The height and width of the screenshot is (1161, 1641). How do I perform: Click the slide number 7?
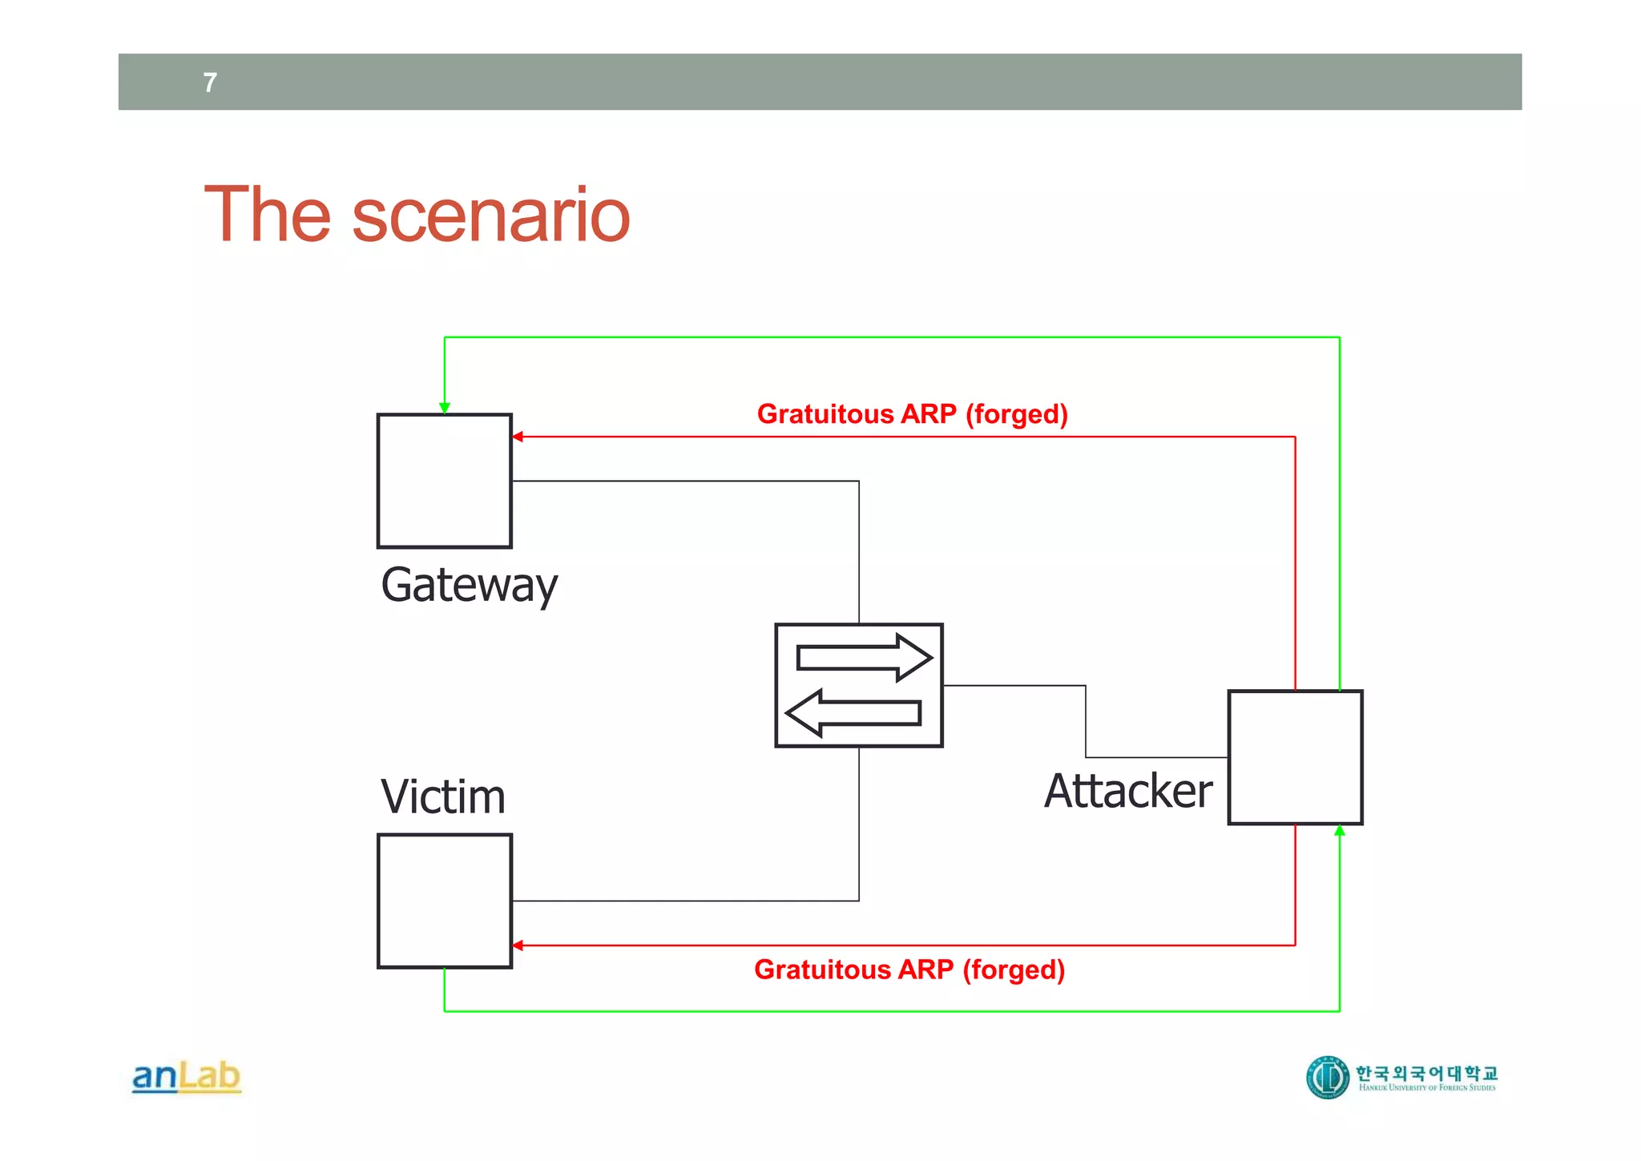click(210, 83)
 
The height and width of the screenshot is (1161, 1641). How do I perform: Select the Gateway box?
click(445, 481)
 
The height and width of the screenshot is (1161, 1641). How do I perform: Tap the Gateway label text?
click(469, 585)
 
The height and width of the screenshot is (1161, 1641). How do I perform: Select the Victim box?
click(445, 901)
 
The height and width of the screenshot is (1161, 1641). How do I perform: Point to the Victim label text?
click(443, 797)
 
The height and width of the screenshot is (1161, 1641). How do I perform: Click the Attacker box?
click(1295, 757)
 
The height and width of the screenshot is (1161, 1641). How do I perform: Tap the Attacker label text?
click(1128, 792)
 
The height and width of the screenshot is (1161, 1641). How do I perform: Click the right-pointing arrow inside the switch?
click(864, 658)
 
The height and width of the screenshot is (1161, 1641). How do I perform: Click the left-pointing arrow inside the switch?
click(853, 712)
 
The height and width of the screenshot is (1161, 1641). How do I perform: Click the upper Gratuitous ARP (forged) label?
click(912, 414)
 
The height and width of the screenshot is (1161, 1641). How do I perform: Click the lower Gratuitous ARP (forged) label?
click(909, 970)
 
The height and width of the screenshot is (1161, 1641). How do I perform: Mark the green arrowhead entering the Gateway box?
click(445, 409)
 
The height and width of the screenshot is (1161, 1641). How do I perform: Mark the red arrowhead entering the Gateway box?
click(518, 437)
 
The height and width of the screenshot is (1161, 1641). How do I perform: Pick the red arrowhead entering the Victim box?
click(518, 945)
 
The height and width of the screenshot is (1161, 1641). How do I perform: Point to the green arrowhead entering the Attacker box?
click(1339, 831)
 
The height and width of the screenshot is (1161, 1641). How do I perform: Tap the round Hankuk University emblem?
click(1328, 1077)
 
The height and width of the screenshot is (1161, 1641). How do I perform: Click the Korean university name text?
click(1426, 1072)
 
